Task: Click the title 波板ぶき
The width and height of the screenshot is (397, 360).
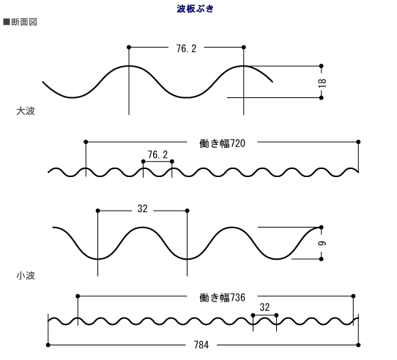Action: pyautogui.click(x=196, y=9)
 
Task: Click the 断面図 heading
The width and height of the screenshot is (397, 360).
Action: pyautogui.click(x=24, y=22)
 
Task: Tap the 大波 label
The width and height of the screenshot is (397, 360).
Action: pyautogui.click(x=26, y=111)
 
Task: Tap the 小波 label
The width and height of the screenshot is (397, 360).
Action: pyautogui.click(x=26, y=276)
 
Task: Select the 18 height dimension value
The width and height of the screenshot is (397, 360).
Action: pyautogui.click(x=322, y=83)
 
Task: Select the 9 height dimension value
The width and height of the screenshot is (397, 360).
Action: pyautogui.click(x=322, y=244)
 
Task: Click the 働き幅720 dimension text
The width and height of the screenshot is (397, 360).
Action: pyautogui.click(x=222, y=143)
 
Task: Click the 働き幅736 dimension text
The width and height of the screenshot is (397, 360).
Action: pyautogui.click(x=222, y=298)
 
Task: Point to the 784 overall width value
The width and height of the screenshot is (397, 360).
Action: pyautogui.click(x=201, y=345)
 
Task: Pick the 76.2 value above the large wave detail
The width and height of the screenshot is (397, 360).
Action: pyautogui.click(x=186, y=48)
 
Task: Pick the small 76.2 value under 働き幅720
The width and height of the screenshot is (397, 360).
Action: pyautogui.click(x=157, y=154)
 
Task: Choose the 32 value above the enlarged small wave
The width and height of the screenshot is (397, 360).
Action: pyautogui.click(x=143, y=209)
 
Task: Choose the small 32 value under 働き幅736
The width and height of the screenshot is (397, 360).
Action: pyautogui.click(x=264, y=307)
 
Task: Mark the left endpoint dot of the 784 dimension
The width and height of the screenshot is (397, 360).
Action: pyautogui.click(x=48, y=345)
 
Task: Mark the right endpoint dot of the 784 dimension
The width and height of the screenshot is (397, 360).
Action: pyautogui.click(x=358, y=345)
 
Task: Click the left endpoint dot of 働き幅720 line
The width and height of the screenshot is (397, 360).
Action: pyautogui.click(x=86, y=142)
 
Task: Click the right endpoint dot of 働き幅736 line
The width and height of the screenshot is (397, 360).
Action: pyautogui.click(x=354, y=296)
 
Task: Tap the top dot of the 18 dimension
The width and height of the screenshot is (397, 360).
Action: pyautogui.click(x=322, y=66)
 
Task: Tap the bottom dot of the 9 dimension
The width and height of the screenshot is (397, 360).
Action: pyautogui.click(x=322, y=259)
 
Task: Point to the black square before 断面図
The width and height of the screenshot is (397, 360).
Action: pyautogui.click(x=7, y=22)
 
